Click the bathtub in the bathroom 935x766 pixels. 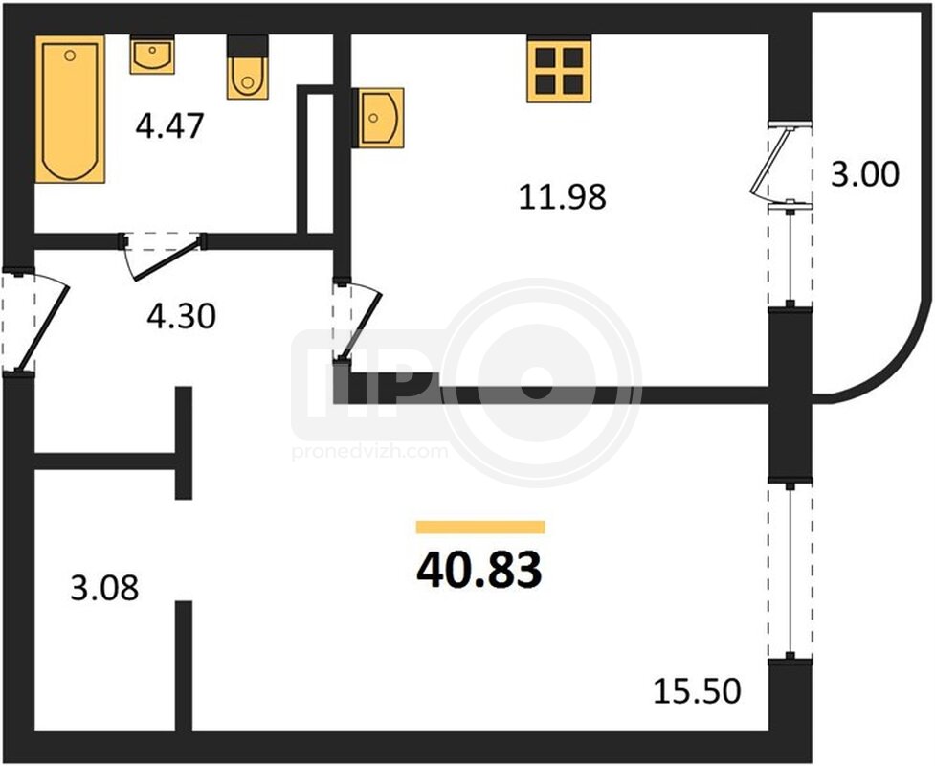(x=70, y=108)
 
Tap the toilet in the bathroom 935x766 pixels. (x=248, y=67)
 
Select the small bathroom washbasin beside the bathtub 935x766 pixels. (x=152, y=55)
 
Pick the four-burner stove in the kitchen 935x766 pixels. (x=559, y=69)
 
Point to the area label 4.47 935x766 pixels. (x=170, y=125)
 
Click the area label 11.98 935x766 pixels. (x=563, y=197)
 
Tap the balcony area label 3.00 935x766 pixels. (x=865, y=175)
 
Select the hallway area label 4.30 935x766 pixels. (x=181, y=316)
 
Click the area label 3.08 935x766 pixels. (x=104, y=588)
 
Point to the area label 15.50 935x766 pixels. (x=697, y=691)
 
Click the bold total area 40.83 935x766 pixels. (x=479, y=570)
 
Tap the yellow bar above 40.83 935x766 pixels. (x=480, y=527)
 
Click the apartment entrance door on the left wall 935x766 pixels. (x=35, y=323)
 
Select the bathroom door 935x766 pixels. (x=164, y=256)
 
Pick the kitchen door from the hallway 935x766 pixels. (x=357, y=321)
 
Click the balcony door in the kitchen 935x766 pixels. (x=782, y=162)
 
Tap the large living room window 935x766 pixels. (x=790, y=571)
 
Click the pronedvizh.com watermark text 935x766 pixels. (x=369, y=451)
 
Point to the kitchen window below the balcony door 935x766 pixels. (x=790, y=257)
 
